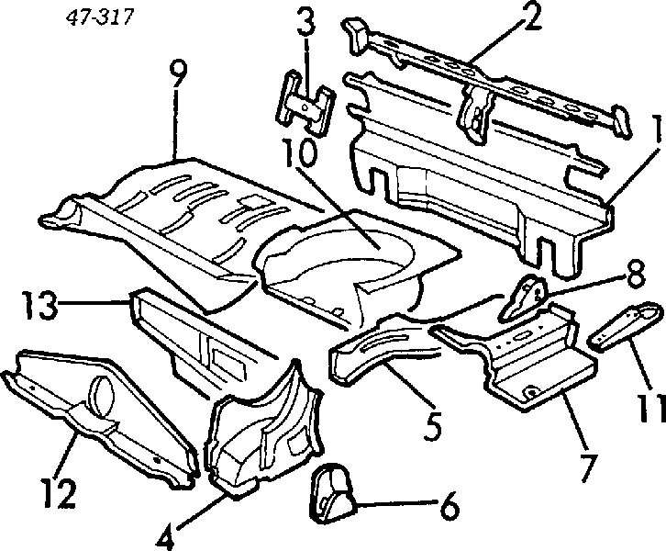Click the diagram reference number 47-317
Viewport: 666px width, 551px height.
point(99,17)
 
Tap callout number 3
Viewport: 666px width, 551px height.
point(305,19)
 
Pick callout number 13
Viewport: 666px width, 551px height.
point(39,304)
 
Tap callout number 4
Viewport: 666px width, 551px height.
point(164,536)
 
